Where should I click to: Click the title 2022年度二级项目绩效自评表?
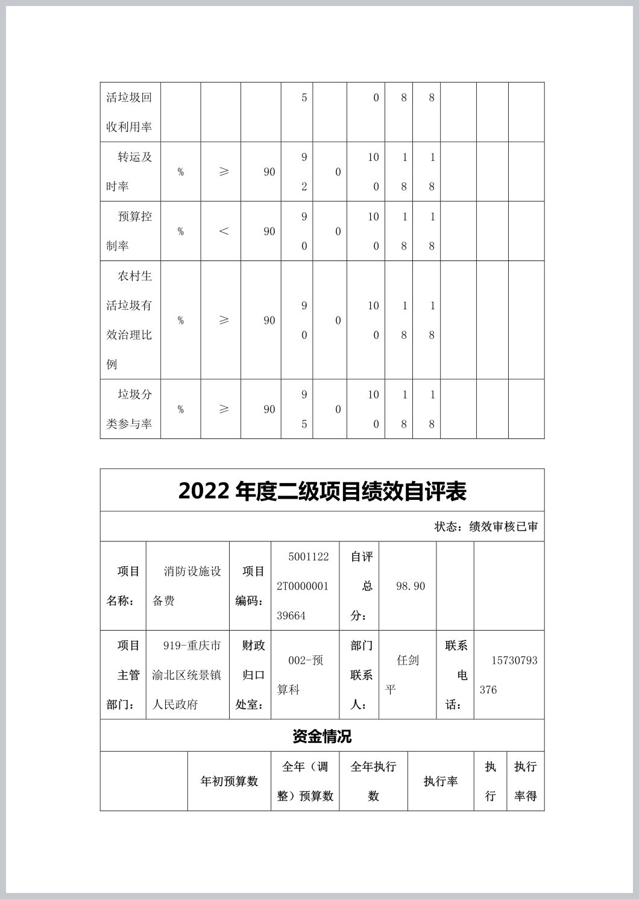322,491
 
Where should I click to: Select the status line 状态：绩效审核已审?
486,526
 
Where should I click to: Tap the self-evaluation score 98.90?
410,586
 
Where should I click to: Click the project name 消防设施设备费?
187,585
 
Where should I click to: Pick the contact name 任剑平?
407,675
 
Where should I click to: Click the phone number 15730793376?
508,675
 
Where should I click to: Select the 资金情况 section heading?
322,736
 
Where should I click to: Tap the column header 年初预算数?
229,781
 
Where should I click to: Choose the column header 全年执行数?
373,781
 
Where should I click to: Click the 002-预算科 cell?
304,675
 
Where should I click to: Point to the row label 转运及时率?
130,172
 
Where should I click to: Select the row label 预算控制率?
130,231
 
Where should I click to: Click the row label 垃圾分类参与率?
130,409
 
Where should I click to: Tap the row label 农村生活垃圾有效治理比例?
130,320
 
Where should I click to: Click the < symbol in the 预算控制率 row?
224,232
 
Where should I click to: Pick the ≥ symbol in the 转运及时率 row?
224,172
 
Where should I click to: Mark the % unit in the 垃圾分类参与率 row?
180,409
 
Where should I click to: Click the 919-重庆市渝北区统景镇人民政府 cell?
187,675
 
